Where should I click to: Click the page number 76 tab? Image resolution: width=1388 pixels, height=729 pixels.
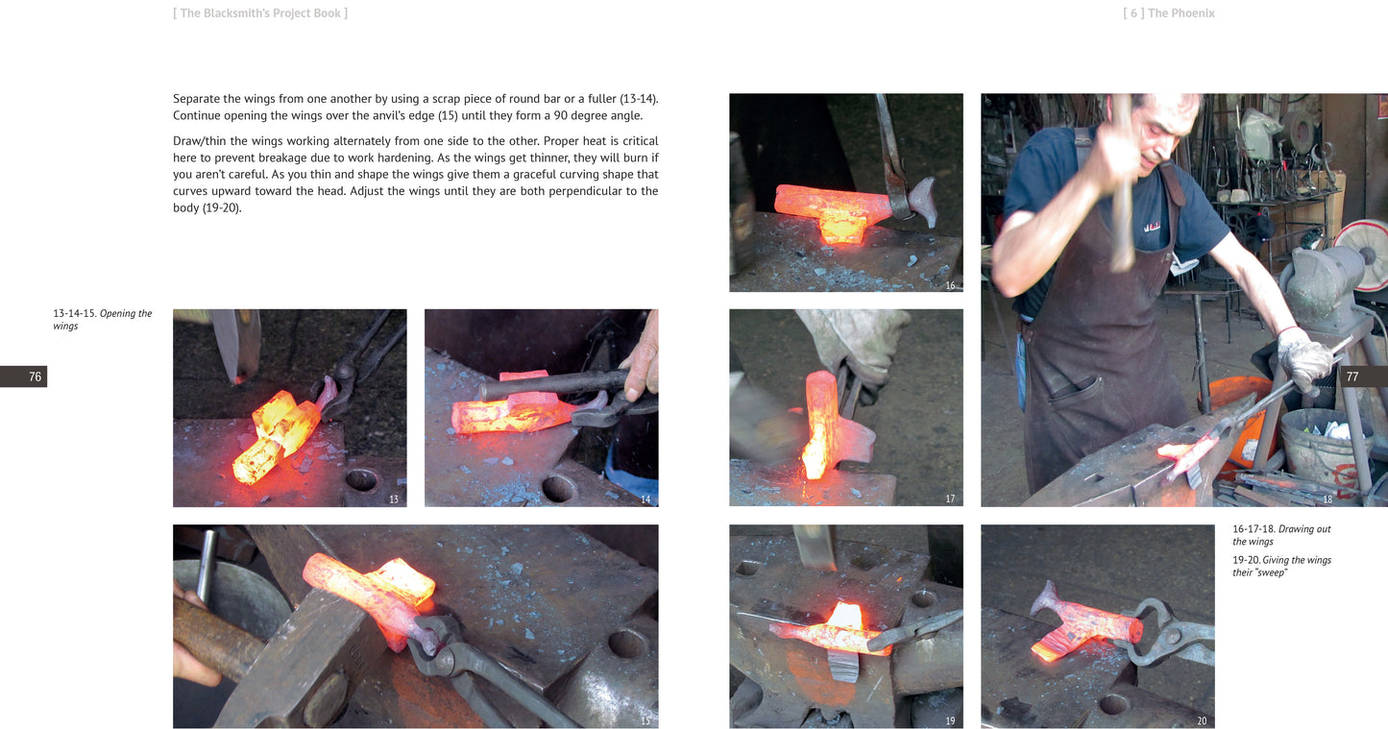click(24, 377)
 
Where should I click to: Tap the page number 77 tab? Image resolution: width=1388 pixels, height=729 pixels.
click(1364, 377)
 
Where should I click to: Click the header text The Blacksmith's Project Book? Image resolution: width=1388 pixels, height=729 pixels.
click(260, 13)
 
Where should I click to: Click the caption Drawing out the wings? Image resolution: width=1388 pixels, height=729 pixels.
click(1281, 535)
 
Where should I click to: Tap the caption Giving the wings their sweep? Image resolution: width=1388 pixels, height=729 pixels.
click(1281, 566)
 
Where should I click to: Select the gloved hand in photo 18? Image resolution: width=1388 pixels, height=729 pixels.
click(1303, 358)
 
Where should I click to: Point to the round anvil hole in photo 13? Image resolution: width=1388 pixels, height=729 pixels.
click(362, 480)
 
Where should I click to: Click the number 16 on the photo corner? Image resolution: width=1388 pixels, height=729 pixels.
click(950, 285)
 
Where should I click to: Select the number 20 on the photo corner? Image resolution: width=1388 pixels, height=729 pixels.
click(1202, 721)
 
